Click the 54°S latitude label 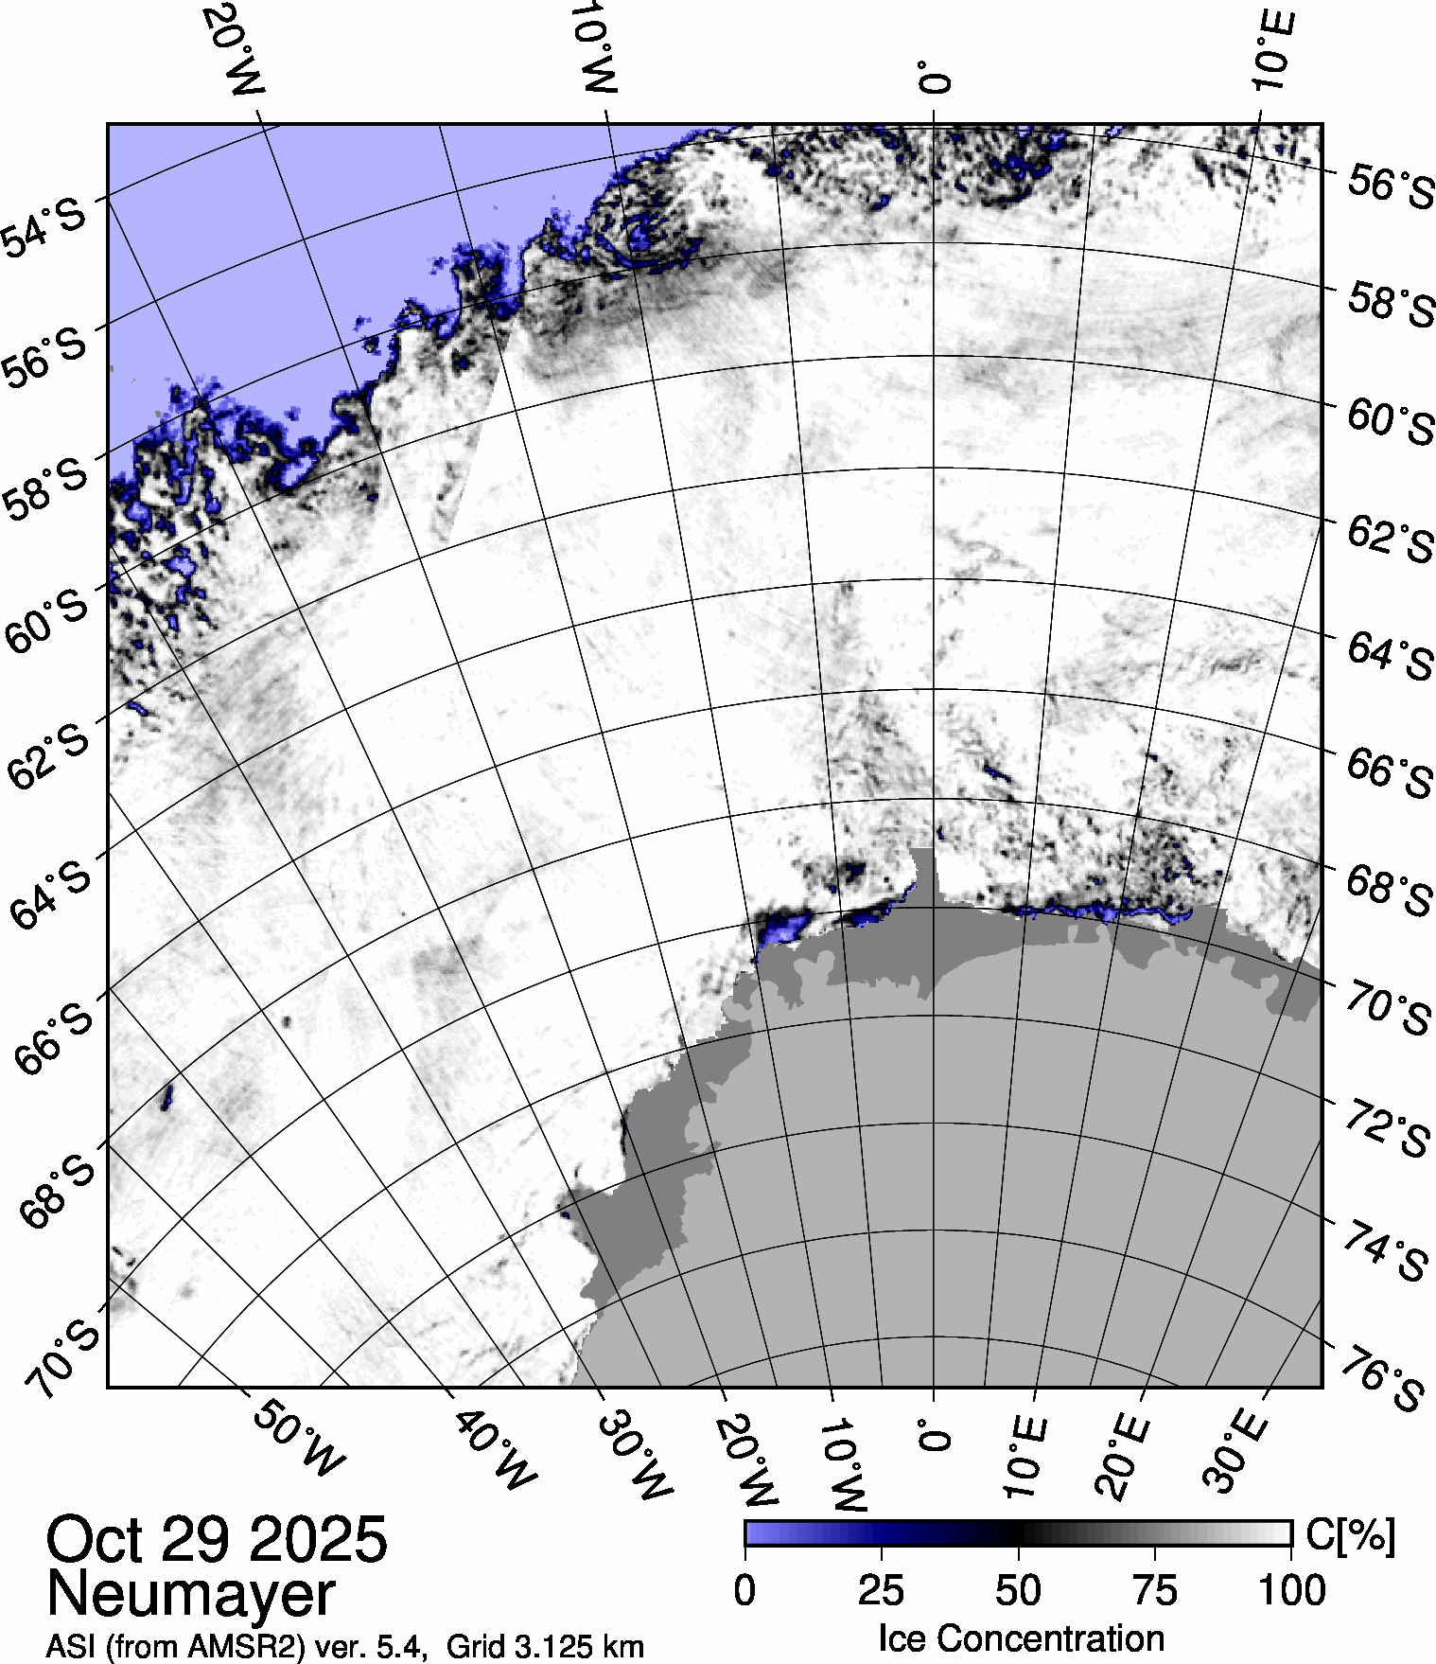(x=44, y=226)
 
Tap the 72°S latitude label (x=1386, y=1129)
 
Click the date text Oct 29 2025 (x=217, y=1540)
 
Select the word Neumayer (x=190, y=1594)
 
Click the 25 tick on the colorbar (x=881, y=1591)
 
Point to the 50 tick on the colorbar (x=1018, y=1591)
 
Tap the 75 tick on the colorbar (x=1154, y=1591)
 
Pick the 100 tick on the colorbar (x=1292, y=1591)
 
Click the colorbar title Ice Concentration (x=1021, y=1638)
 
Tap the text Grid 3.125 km (x=546, y=1647)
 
